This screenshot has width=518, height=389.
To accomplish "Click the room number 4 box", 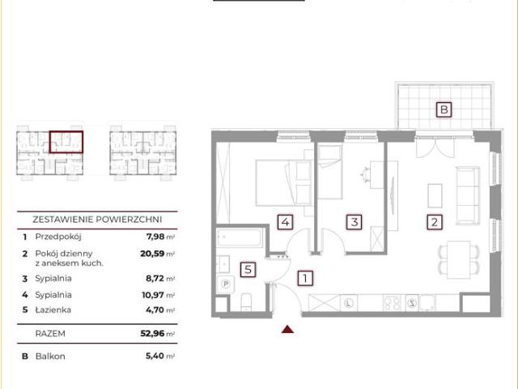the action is (285, 222).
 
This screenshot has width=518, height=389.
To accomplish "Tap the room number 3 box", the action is (355, 222).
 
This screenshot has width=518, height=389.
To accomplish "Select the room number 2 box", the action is (435, 222).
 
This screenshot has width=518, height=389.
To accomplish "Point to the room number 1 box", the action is (305, 278).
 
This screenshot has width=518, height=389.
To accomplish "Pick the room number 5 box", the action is (248, 270).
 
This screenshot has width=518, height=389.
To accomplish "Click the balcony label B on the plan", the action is (444, 109).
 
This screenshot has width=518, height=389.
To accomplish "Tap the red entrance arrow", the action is (288, 329).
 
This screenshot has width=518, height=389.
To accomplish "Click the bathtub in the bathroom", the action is (240, 237).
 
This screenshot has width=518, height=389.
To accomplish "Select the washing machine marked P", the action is (226, 284).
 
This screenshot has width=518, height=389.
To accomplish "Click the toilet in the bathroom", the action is (246, 302).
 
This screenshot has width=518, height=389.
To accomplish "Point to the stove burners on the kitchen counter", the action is (392, 302).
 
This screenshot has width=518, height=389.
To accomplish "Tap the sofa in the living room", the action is (468, 195).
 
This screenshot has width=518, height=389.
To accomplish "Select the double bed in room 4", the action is (284, 182).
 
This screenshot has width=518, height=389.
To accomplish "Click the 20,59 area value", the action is (152, 254).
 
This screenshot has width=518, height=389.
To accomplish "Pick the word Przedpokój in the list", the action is (58, 237).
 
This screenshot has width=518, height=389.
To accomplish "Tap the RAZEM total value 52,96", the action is (152, 333).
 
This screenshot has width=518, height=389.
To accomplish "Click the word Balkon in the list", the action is (50, 357).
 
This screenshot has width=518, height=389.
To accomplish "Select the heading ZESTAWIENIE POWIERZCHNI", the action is (97, 220).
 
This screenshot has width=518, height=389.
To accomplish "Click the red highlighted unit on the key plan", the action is (66, 142).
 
